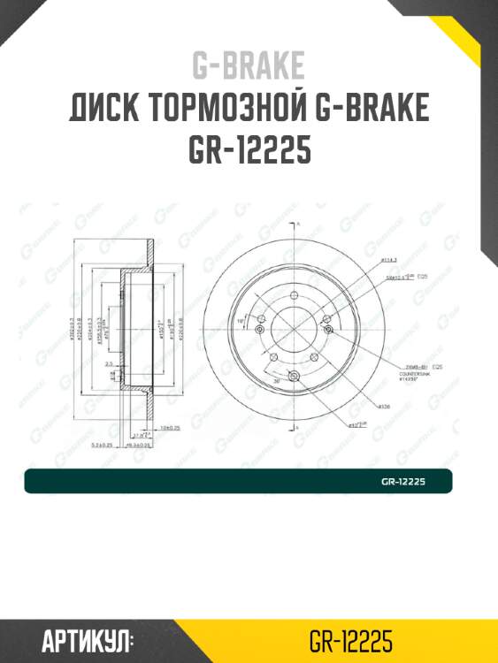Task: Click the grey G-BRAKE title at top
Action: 249,65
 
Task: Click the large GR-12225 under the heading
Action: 249,151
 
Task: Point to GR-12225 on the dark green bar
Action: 403,482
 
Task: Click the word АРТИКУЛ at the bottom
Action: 87,639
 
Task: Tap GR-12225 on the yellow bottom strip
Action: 351,639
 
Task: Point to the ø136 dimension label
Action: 386,407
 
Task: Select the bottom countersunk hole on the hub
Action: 295,377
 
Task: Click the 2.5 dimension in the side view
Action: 107,362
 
